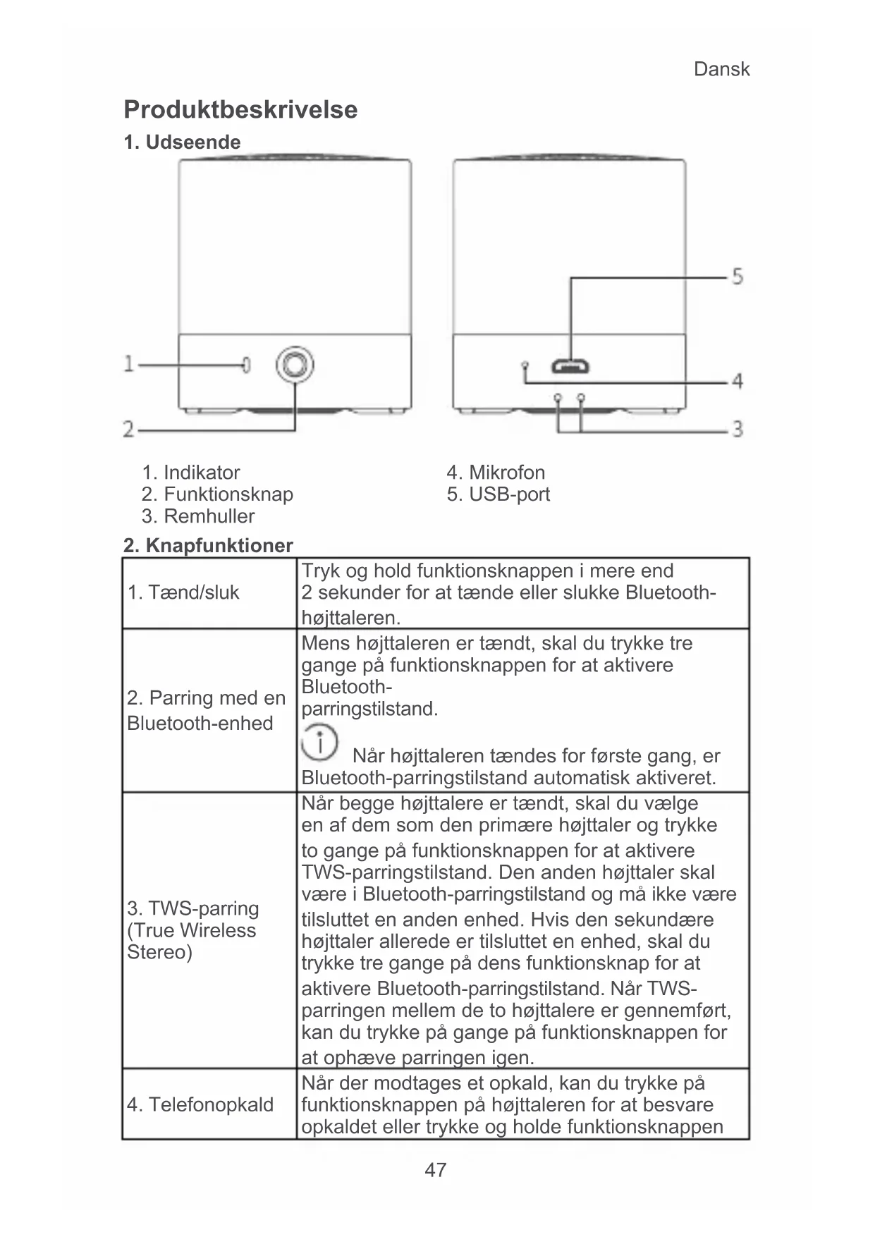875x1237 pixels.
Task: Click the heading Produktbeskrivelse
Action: tap(240, 109)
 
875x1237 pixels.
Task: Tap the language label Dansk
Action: tap(721, 69)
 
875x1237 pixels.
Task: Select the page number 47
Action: tap(436, 1170)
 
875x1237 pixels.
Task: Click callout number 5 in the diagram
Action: tap(737, 276)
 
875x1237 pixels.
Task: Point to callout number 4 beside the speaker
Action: tap(737, 382)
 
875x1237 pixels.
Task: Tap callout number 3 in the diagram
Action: tap(737, 429)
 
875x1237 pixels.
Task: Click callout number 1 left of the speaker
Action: tap(129, 364)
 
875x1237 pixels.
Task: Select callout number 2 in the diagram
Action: tap(129, 429)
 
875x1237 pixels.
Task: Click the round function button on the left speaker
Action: tap(295, 365)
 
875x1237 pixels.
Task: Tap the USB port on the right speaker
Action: tap(571, 366)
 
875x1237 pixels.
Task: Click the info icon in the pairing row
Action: tap(319, 742)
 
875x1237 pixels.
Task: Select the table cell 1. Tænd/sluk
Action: tap(183, 592)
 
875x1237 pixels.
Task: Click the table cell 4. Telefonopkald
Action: tap(200, 1104)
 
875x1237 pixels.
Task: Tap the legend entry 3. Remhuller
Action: tap(198, 516)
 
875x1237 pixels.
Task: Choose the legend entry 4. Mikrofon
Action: tap(496, 473)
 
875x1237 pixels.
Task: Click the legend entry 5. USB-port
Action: tap(498, 494)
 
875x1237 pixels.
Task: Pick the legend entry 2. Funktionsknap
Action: tap(217, 494)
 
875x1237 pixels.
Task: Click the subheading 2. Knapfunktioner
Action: tap(208, 545)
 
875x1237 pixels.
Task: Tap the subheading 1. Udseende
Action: tap(182, 142)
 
